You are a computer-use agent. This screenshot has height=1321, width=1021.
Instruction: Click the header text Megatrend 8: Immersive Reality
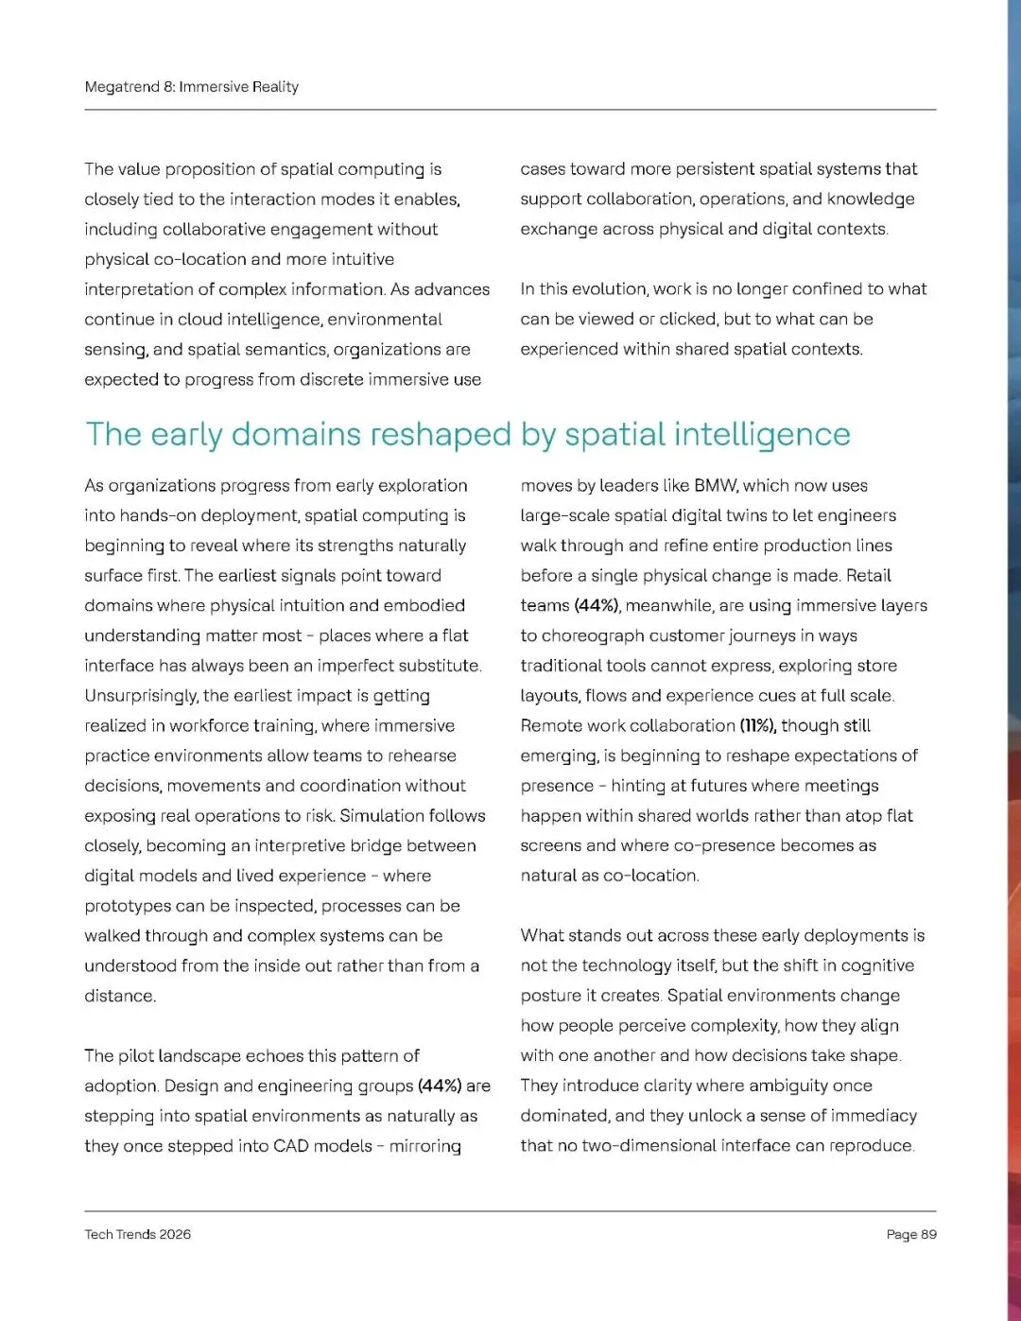click(191, 87)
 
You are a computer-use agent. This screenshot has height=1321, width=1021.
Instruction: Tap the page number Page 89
click(911, 1234)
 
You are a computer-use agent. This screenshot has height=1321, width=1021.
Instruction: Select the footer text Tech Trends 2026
click(137, 1234)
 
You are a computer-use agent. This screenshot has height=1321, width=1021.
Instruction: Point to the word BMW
click(715, 485)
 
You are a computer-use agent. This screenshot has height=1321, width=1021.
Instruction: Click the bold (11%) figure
click(757, 725)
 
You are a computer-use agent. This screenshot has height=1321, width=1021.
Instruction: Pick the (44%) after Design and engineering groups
click(439, 1086)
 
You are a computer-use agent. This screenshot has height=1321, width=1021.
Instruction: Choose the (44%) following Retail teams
click(597, 605)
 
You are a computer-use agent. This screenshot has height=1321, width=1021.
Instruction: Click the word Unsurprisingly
click(141, 695)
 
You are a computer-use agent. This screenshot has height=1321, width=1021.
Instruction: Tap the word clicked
click(687, 319)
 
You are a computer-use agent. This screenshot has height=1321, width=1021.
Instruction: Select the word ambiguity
click(775, 1086)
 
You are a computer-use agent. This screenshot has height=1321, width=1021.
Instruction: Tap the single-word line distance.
click(119, 996)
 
